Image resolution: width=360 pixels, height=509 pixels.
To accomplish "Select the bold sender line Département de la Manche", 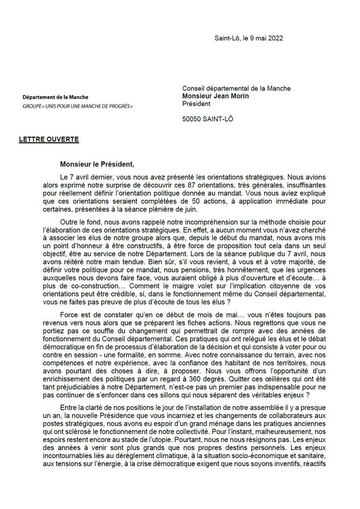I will (x=56, y=98).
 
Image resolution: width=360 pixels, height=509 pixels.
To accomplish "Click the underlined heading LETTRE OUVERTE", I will (x=49, y=140).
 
